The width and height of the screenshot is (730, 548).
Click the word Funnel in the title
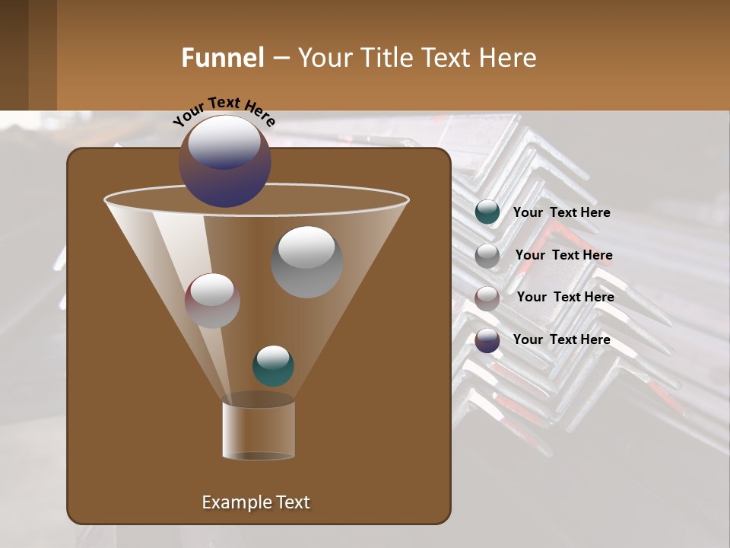point(222,58)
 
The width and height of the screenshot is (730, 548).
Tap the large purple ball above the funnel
point(224,161)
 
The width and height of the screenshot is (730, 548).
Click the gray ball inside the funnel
point(306,262)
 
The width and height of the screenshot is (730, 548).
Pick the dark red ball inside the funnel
point(212,301)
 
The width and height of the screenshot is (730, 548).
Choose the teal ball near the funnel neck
point(273,366)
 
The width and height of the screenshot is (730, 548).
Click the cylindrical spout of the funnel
point(259,431)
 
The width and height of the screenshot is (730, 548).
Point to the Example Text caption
point(255,502)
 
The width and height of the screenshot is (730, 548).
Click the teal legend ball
point(487,212)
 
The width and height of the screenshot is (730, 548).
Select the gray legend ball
point(487,256)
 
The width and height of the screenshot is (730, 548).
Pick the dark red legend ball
point(487,298)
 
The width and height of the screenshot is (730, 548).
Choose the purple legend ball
point(487,340)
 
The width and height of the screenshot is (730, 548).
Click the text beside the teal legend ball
point(561,213)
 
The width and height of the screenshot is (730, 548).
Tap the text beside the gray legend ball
point(563,256)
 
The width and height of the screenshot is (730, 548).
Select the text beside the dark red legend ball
point(565,298)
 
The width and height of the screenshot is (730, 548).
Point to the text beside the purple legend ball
point(561,339)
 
